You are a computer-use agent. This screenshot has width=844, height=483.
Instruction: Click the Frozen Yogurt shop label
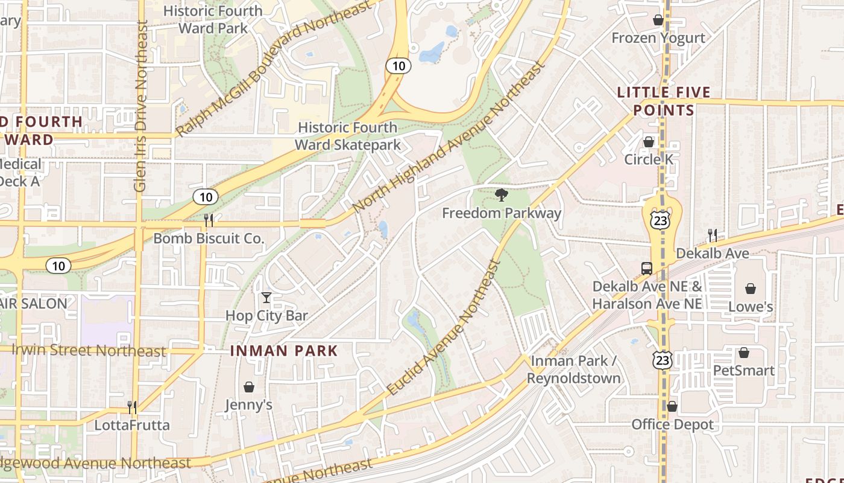[x=658, y=38]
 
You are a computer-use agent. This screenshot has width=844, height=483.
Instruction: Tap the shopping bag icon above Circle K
[x=649, y=142]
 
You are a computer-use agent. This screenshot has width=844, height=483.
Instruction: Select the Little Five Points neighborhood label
[x=664, y=101]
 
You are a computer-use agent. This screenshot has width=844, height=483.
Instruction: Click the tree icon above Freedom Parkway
[x=500, y=194]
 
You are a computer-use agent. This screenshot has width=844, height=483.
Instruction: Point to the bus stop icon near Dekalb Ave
[x=646, y=268]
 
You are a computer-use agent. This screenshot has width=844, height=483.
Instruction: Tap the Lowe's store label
[x=751, y=306]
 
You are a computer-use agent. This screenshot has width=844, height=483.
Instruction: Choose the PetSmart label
[x=743, y=370]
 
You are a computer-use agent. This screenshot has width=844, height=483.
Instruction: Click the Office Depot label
[x=672, y=424]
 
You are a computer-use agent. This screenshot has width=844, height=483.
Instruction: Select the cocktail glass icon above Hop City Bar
[x=266, y=298]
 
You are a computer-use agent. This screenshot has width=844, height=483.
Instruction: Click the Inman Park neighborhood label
[x=284, y=351]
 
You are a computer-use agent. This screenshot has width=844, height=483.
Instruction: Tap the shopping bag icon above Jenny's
[x=248, y=387]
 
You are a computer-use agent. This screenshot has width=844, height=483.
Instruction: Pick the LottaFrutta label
[x=132, y=425]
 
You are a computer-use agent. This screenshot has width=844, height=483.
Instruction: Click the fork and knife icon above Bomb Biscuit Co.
[x=209, y=220]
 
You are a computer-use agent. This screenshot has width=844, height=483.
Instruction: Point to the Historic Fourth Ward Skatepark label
[x=348, y=136]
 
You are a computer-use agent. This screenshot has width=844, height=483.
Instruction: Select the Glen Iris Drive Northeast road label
[x=140, y=106]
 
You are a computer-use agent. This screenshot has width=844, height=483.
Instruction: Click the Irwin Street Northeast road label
[x=89, y=351]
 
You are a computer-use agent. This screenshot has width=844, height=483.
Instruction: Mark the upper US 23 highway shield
[x=661, y=220]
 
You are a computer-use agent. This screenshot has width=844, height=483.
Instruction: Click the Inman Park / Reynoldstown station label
[x=573, y=369]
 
